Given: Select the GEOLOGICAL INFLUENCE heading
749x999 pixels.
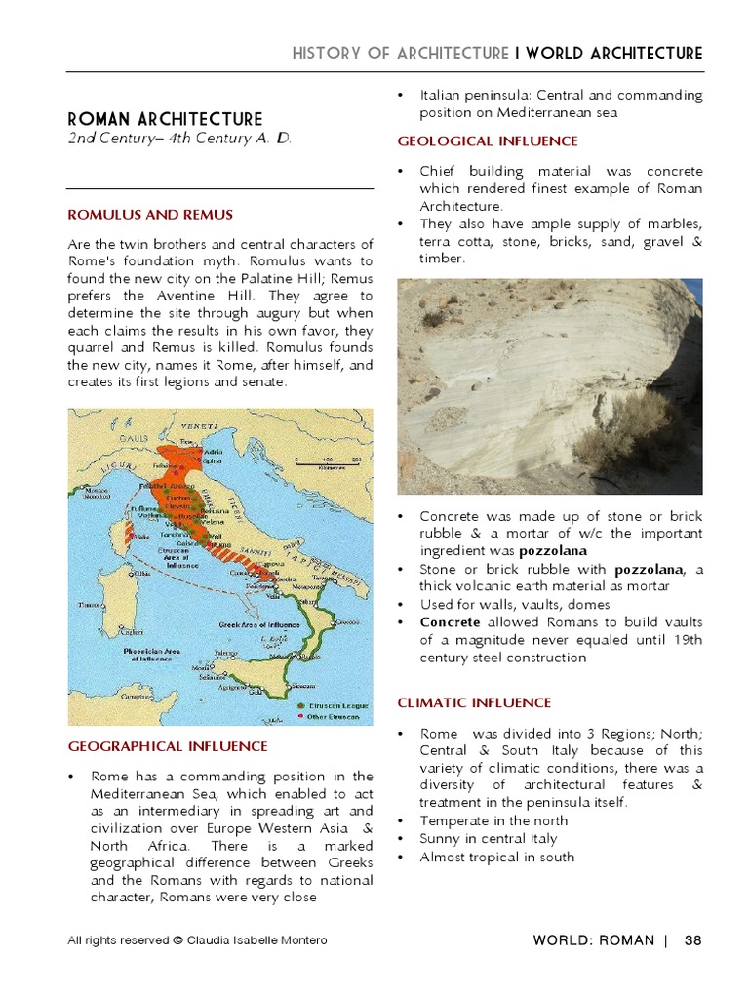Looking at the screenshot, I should pyautogui.click(x=474, y=141).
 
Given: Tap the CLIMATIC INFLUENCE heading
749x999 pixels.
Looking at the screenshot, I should pyautogui.click(x=474, y=702).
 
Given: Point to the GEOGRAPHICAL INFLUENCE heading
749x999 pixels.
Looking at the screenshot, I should pyautogui.click(x=167, y=746).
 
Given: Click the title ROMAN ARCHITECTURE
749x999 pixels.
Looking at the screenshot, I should pyautogui.click(x=165, y=119).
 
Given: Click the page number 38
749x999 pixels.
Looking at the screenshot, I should pyautogui.click(x=692, y=940).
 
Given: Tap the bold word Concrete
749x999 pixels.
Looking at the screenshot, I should pyautogui.click(x=450, y=621).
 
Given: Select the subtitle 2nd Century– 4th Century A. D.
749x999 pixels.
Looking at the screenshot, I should pyautogui.click(x=178, y=140).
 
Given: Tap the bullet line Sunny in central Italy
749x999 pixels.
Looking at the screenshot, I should pyautogui.click(x=488, y=839).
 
